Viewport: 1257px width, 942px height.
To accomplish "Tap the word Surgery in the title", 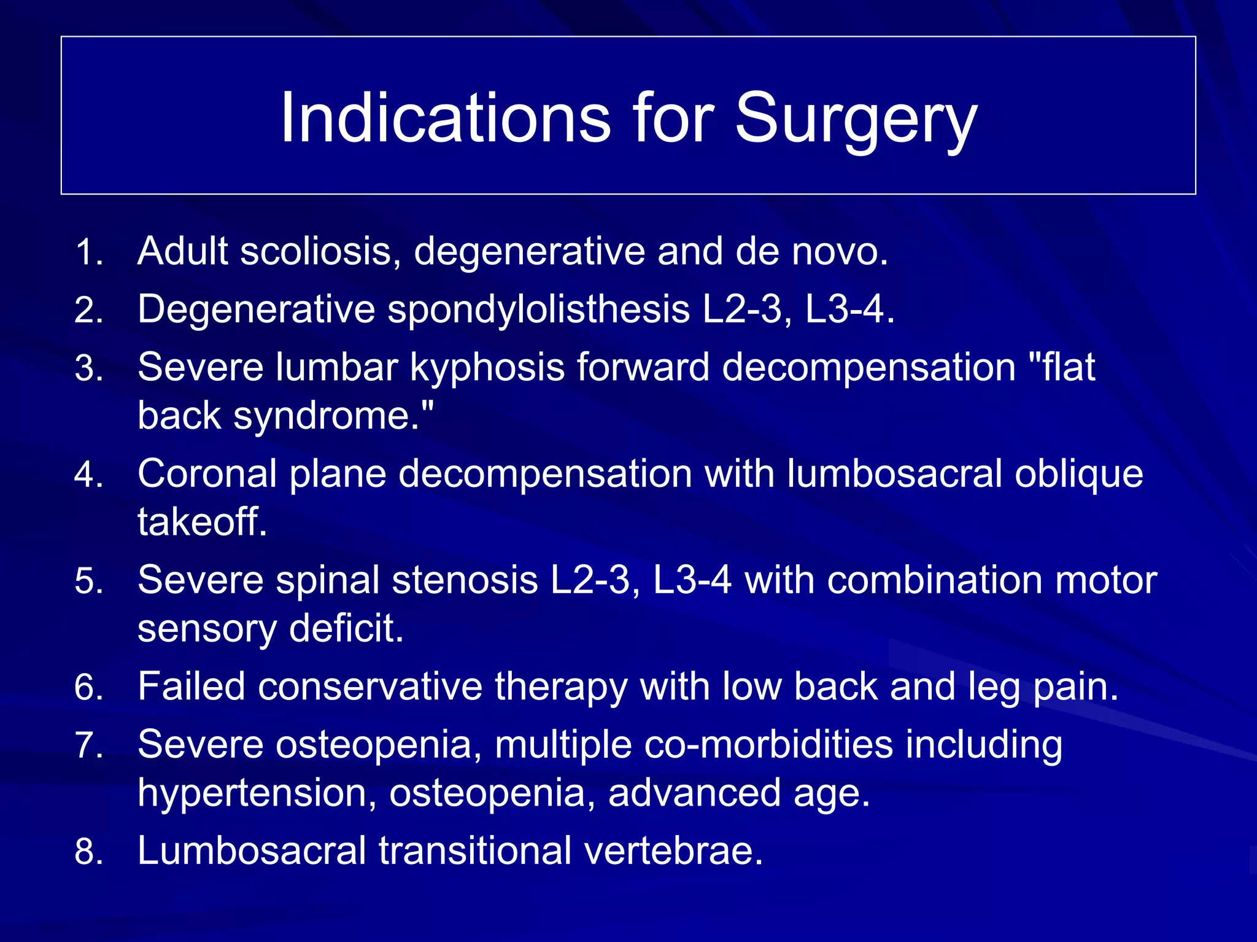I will [x=856, y=118].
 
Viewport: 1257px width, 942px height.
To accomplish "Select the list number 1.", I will [x=88, y=252].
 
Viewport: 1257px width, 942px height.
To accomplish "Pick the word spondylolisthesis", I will [x=538, y=309].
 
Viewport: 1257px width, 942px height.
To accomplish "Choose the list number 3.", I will [x=88, y=369].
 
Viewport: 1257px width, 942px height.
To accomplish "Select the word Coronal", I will [x=207, y=473].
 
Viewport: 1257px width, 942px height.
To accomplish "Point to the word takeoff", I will [x=202, y=522].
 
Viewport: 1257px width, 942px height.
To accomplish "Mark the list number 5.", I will [x=88, y=582].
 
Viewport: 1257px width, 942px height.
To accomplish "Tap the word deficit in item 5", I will [x=346, y=628].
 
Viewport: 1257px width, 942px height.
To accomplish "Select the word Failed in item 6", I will [x=191, y=686].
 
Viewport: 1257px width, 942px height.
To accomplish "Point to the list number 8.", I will [x=88, y=852].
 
